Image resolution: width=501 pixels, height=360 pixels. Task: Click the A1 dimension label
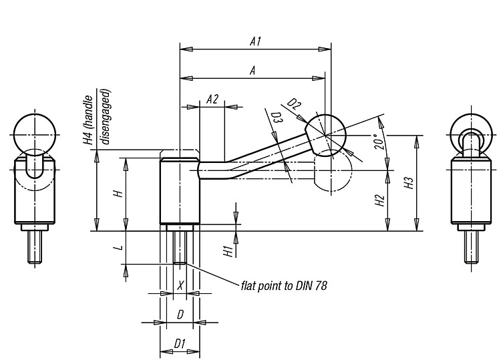click(255, 42)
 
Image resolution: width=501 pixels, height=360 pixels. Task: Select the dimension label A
click(253, 70)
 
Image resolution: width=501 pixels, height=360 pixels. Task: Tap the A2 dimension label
click(212, 100)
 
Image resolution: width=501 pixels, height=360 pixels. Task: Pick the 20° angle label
click(379, 142)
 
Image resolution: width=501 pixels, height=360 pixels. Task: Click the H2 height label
click(379, 200)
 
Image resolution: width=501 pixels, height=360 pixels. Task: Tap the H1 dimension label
click(228, 251)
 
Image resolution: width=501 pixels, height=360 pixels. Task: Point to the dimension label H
click(118, 193)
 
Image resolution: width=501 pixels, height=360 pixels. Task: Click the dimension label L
click(119, 248)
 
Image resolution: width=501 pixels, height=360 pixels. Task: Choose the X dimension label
click(180, 285)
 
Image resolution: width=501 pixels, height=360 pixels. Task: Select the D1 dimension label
click(180, 344)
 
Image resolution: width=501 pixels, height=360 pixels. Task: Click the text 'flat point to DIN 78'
click(284, 285)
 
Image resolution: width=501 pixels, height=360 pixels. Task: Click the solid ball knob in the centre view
click(325, 136)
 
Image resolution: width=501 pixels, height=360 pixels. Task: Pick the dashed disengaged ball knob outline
click(333, 170)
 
